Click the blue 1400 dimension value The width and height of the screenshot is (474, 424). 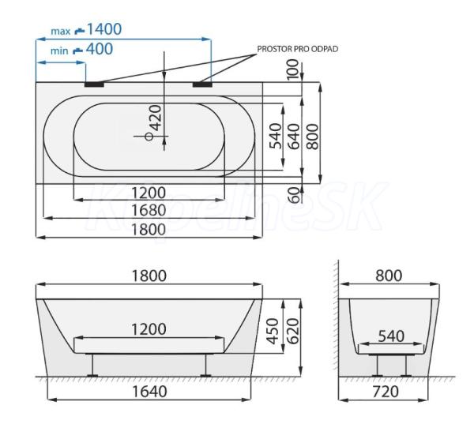[x=104, y=29]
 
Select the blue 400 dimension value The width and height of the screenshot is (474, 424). [x=100, y=49]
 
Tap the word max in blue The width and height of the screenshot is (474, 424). [x=61, y=31]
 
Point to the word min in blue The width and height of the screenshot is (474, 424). [x=59, y=51]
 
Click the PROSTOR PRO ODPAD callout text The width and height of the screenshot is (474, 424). [x=298, y=49]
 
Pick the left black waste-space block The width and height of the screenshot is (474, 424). [x=94, y=84]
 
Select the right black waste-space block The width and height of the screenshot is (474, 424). [x=202, y=84]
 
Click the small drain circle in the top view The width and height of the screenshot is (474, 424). [x=149, y=137]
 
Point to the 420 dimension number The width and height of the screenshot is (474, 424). [x=156, y=118]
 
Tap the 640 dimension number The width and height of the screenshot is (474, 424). [x=294, y=137]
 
